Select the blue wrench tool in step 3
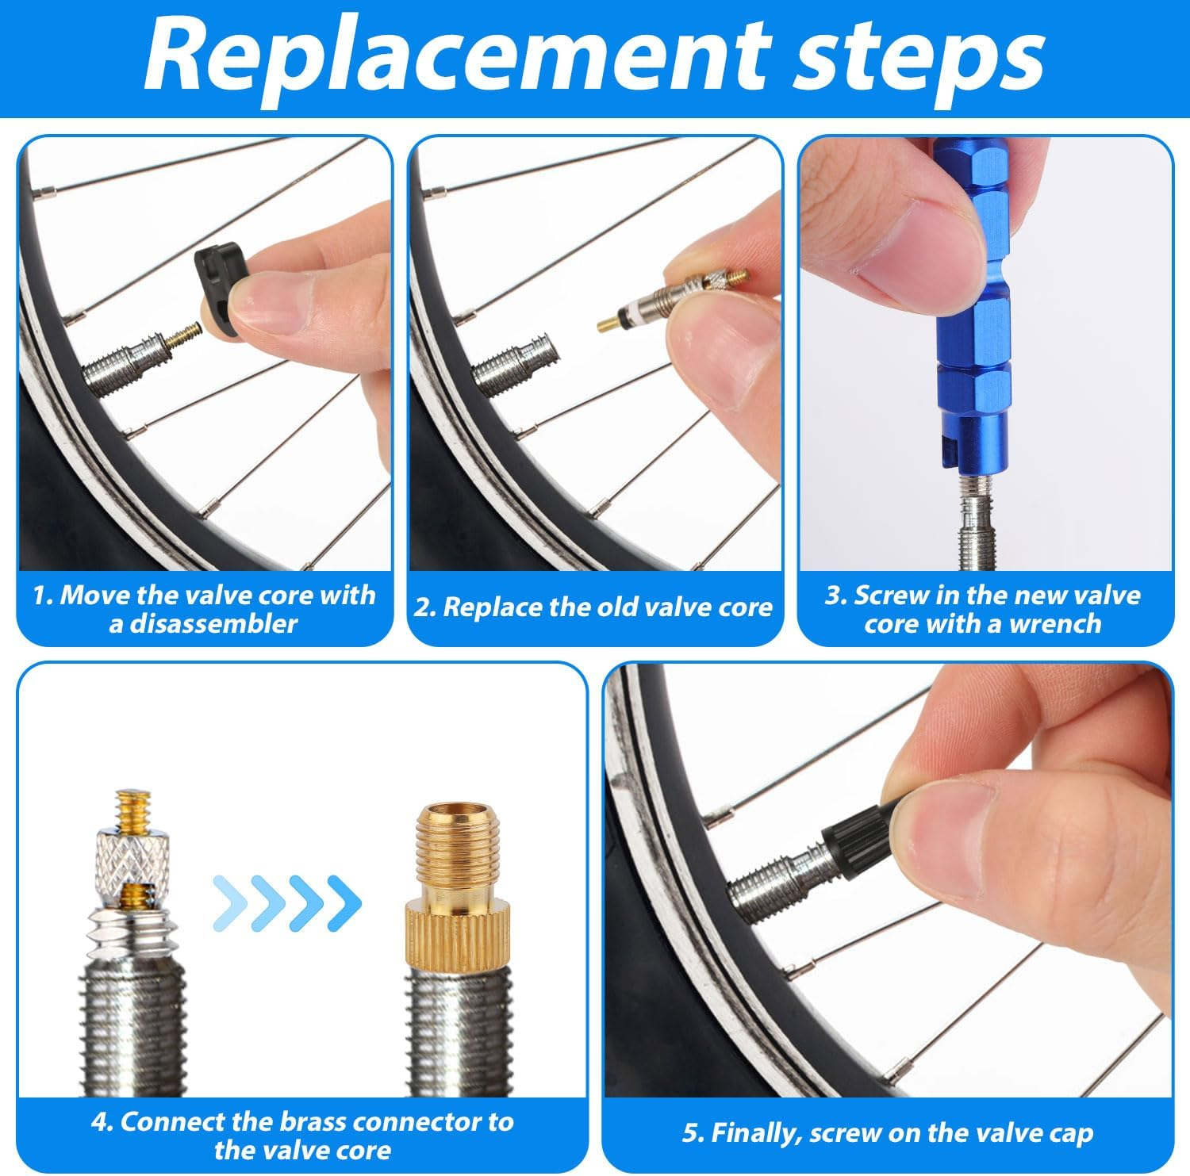coord(972,317)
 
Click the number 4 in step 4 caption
coord(99,1122)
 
